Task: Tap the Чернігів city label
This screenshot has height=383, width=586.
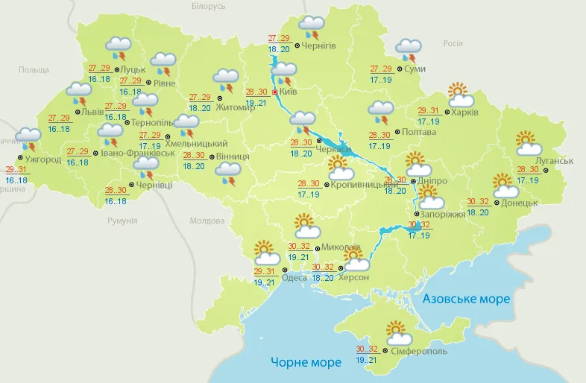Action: pos(320,45)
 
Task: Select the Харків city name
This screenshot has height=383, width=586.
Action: pos(464,113)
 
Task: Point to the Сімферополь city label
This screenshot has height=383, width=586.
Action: pos(418,350)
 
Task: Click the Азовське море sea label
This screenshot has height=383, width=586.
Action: pos(466,299)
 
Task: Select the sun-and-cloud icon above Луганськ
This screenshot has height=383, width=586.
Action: pos(529,143)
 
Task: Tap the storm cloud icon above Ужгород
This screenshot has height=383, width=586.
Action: pos(29,139)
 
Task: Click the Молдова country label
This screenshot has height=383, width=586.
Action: pos(207,221)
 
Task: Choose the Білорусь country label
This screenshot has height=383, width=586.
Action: pos(208,6)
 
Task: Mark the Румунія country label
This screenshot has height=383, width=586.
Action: pos(122,221)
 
